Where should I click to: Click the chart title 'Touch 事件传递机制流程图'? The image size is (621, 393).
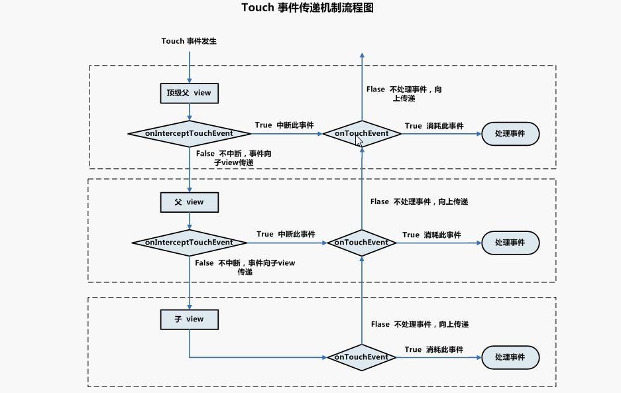point(308,8)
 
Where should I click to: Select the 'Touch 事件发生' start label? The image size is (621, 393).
point(189,41)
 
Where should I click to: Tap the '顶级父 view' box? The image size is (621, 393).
point(189,93)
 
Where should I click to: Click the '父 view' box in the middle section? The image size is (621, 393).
point(189,202)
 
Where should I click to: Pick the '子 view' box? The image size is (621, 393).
point(189,319)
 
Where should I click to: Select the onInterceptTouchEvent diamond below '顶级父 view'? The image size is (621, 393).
point(189,133)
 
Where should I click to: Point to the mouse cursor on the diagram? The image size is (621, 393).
point(359,140)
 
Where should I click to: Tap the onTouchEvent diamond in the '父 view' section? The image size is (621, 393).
point(361,243)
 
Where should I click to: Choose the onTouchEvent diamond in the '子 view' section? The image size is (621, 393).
point(361,357)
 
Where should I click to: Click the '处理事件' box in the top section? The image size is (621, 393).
point(510,133)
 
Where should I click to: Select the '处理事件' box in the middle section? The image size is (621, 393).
point(510,243)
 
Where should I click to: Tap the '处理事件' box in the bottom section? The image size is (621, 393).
point(510,357)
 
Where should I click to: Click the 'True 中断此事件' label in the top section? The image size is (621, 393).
point(284,125)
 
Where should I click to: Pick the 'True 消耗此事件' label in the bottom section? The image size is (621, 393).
point(434,349)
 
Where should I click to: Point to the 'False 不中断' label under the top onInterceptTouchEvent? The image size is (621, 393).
point(233,158)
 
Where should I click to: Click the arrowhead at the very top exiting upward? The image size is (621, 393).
point(362,56)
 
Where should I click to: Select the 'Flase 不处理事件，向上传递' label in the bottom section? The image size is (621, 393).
point(420,324)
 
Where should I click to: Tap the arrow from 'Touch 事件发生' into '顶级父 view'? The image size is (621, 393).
point(190,66)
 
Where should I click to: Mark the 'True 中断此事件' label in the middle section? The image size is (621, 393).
point(286,234)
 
